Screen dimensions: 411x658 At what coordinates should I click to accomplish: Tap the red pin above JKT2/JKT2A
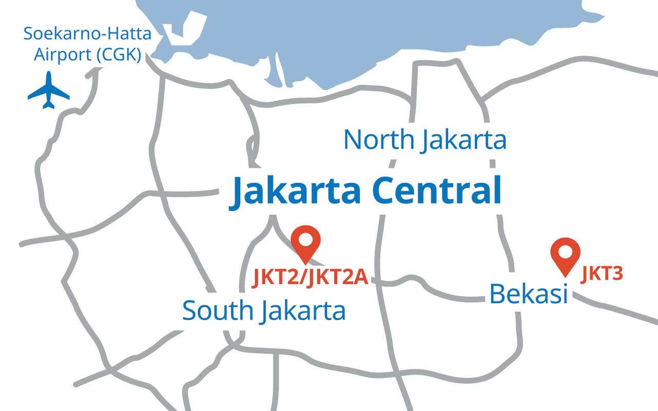point(305,244)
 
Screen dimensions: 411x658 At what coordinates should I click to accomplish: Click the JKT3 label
point(602,274)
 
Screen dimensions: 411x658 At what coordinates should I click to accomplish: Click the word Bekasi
point(528,294)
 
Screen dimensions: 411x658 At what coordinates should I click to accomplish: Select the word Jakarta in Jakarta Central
point(296,191)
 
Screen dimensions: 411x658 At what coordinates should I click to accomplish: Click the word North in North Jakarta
point(378,140)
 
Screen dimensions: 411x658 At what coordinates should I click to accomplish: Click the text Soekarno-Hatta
point(87,35)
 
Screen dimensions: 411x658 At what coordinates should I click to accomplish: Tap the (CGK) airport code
point(119,54)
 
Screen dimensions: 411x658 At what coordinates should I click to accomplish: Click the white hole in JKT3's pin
point(565,252)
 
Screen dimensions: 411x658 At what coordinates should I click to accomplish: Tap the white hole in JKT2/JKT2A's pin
point(305,239)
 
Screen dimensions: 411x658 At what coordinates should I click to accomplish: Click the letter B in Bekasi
point(497,294)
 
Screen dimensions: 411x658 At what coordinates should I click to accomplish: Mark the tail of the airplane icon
point(48,105)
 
